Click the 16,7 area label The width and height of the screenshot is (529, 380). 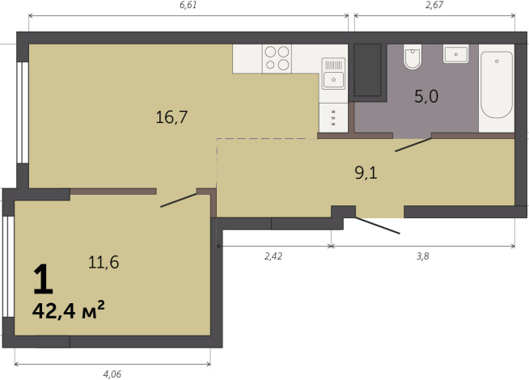coord(171,117)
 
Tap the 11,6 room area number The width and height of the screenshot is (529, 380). coord(104,262)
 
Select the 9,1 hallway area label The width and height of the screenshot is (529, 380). coord(366,173)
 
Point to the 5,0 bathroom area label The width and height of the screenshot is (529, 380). coord(426,96)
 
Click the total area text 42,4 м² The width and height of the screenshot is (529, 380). coord(69,310)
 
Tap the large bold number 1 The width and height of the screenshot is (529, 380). coord(43,279)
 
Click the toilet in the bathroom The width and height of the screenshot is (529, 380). coord(413,57)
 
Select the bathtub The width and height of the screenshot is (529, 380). coord(497,84)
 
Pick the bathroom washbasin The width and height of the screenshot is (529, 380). coord(455,54)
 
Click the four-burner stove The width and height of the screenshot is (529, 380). coord(277,59)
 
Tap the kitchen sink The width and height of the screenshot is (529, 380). coord(333,74)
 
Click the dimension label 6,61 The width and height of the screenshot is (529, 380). coord(188,5)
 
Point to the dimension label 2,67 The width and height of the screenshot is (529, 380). coord(434,5)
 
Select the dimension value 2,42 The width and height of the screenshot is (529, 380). coord(273,256)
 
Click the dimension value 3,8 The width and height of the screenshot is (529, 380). coord(423,256)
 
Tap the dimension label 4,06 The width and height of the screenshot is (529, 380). coord(112,374)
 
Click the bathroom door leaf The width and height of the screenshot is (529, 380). coord(413,145)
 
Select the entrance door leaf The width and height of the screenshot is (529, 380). coord(377,226)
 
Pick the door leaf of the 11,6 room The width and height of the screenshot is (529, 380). coord(179,201)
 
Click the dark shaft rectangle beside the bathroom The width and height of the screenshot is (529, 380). coord(367,70)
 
